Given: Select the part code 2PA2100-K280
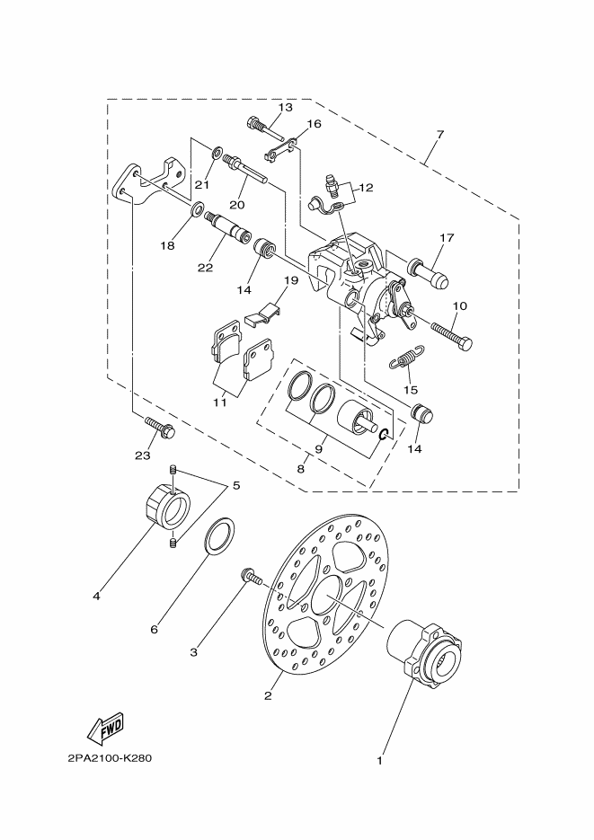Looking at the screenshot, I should (109, 757).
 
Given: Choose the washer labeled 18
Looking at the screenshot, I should (194, 212).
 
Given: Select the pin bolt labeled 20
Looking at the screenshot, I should (251, 170).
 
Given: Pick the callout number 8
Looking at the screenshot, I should (301, 467).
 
